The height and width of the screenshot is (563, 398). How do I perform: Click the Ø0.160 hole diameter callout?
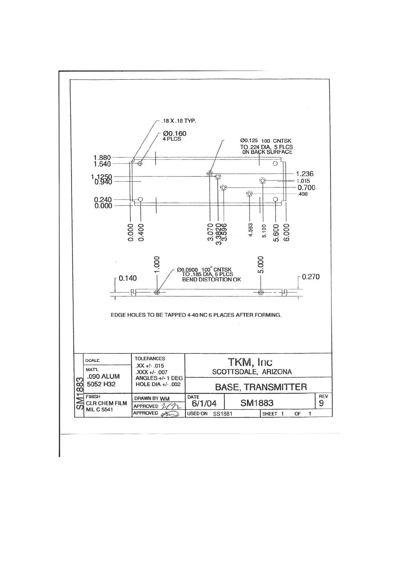[x=175, y=134]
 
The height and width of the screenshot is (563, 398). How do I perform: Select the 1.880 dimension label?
[x=102, y=157]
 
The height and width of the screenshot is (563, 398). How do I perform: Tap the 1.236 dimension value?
[x=305, y=174]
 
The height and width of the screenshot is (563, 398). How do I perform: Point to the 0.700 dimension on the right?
[x=306, y=188]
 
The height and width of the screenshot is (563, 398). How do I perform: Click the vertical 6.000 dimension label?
[x=287, y=232]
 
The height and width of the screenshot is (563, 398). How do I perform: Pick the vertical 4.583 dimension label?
[x=251, y=230]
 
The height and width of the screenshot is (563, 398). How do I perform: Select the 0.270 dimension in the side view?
[x=311, y=277]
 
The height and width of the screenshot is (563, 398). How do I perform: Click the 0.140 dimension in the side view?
[x=128, y=278]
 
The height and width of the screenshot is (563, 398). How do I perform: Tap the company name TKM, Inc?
[x=250, y=362]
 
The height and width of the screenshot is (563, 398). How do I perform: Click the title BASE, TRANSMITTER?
[x=261, y=387]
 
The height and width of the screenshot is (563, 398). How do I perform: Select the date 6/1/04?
[x=204, y=403]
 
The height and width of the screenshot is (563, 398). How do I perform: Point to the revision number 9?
[x=321, y=403]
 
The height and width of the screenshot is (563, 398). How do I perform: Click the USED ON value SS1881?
[x=223, y=414]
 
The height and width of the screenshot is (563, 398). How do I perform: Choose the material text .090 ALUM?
[x=103, y=376]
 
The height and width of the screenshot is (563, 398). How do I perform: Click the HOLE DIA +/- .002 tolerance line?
[x=158, y=384]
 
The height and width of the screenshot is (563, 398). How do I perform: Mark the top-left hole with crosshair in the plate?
[x=140, y=163]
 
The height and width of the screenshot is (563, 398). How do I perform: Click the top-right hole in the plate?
[x=275, y=163]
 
